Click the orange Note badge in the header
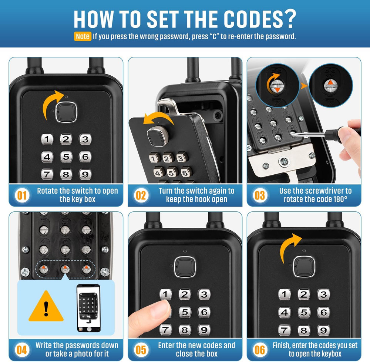[x=82, y=36]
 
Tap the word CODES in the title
[x=250, y=18]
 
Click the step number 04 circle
[x=22, y=350]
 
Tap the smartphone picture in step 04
[x=88, y=307]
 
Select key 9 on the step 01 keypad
[x=85, y=174]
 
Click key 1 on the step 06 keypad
[x=284, y=295]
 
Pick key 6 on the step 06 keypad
[x=323, y=312]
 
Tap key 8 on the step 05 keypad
[x=185, y=330]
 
